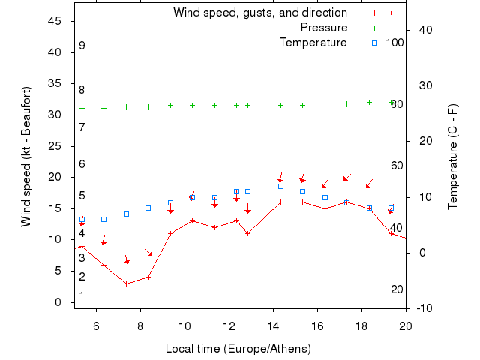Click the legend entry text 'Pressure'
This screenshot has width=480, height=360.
click(324, 28)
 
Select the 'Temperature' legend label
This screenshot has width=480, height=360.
click(313, 43)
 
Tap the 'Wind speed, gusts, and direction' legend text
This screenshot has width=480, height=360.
click(260, 13)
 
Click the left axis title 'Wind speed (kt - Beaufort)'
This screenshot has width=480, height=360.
click(26, 156)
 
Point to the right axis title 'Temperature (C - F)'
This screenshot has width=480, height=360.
click(453, 156)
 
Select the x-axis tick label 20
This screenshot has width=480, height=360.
click(406, 325)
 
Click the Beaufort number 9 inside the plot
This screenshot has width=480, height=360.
click(82, 46)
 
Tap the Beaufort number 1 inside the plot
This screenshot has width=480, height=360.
click(82, 295)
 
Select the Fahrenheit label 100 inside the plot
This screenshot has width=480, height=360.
click(395, 43)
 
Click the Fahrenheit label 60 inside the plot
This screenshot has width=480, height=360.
click(397, 166)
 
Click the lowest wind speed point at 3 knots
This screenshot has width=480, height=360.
click(126, 283)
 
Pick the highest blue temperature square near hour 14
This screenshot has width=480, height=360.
click(280, 186)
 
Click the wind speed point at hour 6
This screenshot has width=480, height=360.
click(103, 265)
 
